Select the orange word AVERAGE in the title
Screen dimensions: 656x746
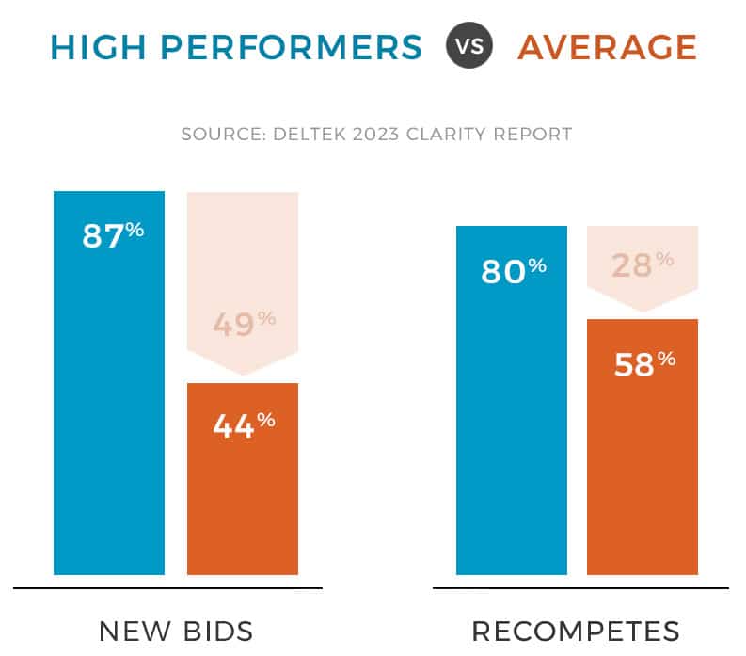point(607,46)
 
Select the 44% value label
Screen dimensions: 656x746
point(243,426)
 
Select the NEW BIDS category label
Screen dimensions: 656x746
point(176,631)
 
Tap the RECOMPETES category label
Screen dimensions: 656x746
point(576,631)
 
